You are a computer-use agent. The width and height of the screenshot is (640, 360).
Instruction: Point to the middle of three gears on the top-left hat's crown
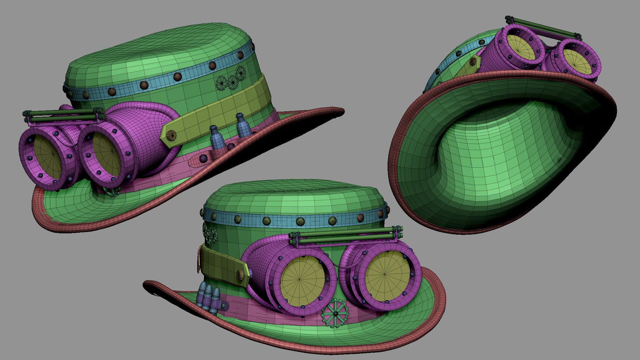point(232,82)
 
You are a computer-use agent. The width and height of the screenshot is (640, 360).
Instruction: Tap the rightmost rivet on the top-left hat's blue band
point(253,46)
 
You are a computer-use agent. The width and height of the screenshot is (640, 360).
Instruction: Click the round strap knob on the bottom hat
point(241,274)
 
